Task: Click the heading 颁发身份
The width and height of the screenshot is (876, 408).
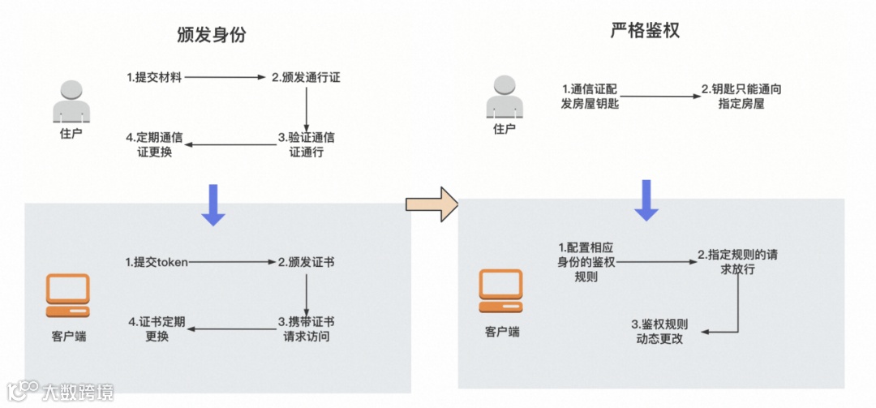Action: pos(210,35)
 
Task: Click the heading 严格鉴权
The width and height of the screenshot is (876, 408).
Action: pos(645,32)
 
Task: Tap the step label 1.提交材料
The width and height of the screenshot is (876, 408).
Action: pos(154,78)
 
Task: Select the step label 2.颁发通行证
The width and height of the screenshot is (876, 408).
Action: pos(306,78)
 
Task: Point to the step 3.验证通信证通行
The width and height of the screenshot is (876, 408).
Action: pos(306,144)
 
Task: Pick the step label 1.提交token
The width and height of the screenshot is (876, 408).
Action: pos(157,262)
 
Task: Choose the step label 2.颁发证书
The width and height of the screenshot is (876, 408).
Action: pos(307,262)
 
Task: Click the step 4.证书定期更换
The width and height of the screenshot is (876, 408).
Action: pos(157,329)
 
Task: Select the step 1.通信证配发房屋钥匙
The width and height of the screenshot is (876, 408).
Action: pos(590,96)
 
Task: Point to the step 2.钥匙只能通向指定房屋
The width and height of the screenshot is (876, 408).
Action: pos(735,96)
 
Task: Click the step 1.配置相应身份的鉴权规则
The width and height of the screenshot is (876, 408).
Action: pos(586,261)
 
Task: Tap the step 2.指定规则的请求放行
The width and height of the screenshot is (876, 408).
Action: pos(738,261)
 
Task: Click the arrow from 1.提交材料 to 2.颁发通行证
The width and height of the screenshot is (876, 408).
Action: pos(226,78)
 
